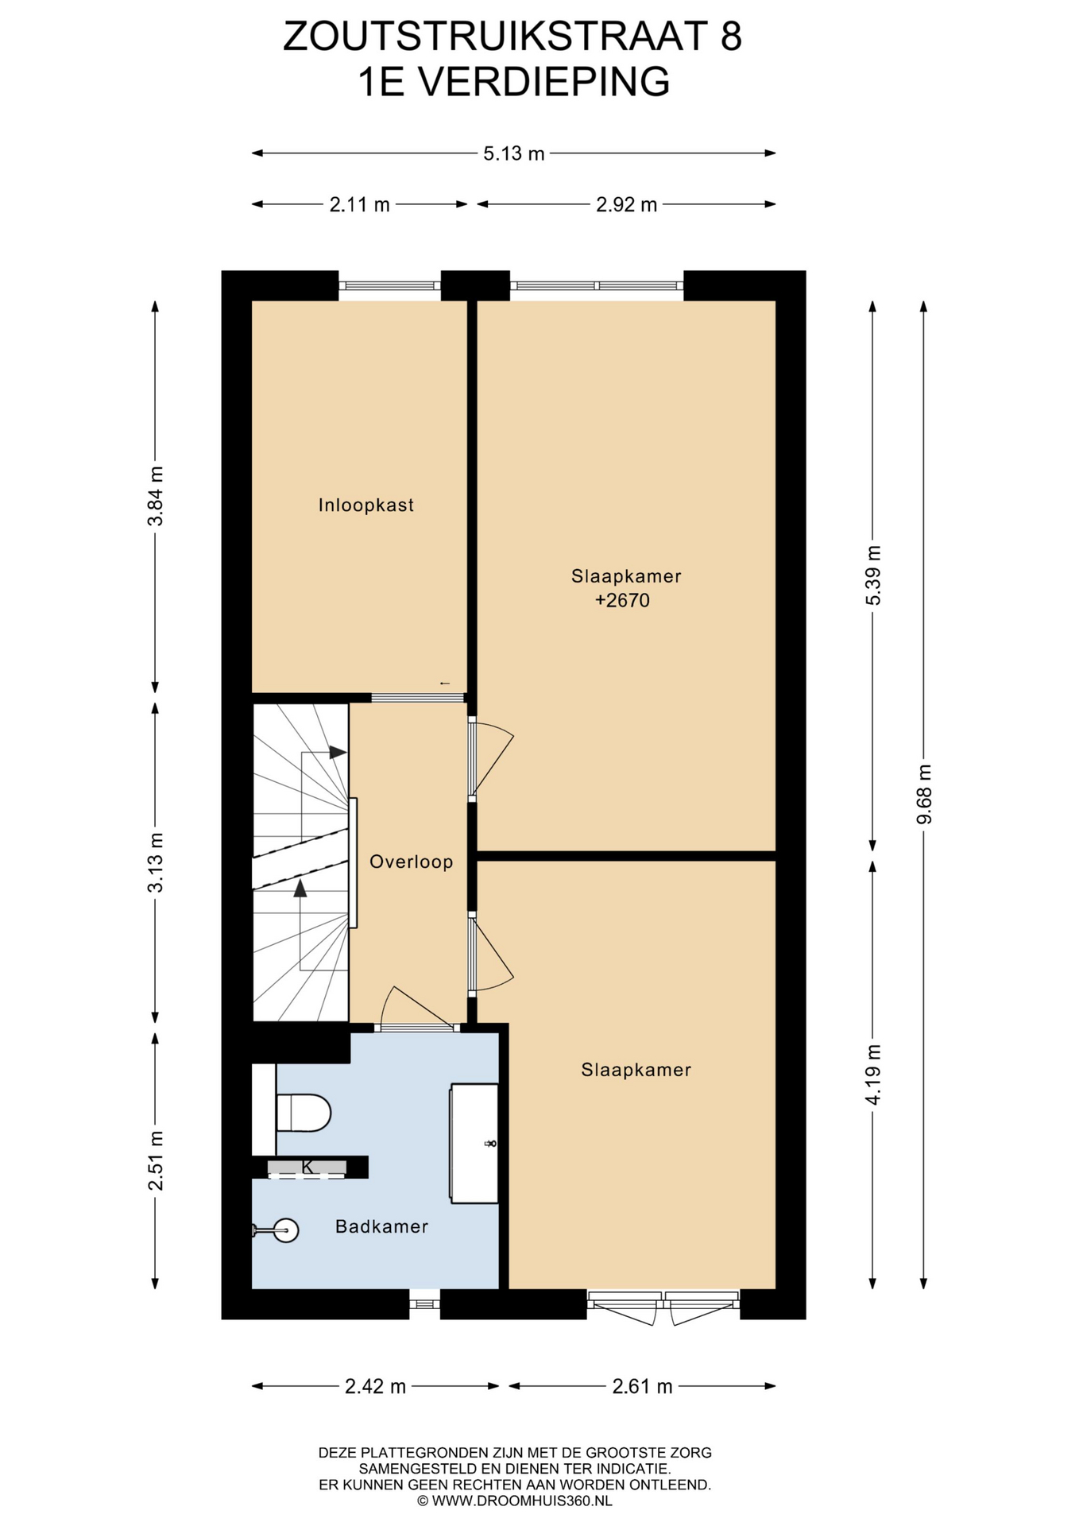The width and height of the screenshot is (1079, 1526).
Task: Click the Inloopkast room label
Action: click(x=366, y=505)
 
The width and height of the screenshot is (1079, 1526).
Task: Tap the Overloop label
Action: click(x=412, y=862)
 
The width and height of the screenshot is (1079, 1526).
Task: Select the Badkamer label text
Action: click(x=381, y=1226)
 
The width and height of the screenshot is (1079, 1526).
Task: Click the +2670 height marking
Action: click(x=623, y=600)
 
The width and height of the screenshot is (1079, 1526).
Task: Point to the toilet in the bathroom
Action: click(x=303, y=1113)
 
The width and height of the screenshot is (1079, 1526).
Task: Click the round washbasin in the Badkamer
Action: click(x=284, y=1231)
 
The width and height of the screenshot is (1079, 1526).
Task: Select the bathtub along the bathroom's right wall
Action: click(x=474, y=1143)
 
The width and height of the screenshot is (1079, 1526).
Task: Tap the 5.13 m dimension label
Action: click(x=514, y=153)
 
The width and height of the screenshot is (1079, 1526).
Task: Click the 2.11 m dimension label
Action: click(x=360, y=204)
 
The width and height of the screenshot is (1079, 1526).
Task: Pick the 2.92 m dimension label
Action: click(x=627, y=204)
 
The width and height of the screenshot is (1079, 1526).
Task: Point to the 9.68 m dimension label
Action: click(x=923, y=794)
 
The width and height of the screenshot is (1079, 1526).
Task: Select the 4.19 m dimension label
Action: click(x=873, y=1074)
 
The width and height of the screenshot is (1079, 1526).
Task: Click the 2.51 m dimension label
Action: click(x=156, y=1160)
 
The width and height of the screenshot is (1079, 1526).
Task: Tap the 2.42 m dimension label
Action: click(x=375, y=1387)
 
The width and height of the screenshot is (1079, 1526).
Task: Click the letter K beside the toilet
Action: click(x=307, y=1167)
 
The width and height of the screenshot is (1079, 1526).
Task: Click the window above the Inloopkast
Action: click(x=390, y=285)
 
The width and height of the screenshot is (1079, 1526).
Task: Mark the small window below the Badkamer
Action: click(x=424, y=1303)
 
